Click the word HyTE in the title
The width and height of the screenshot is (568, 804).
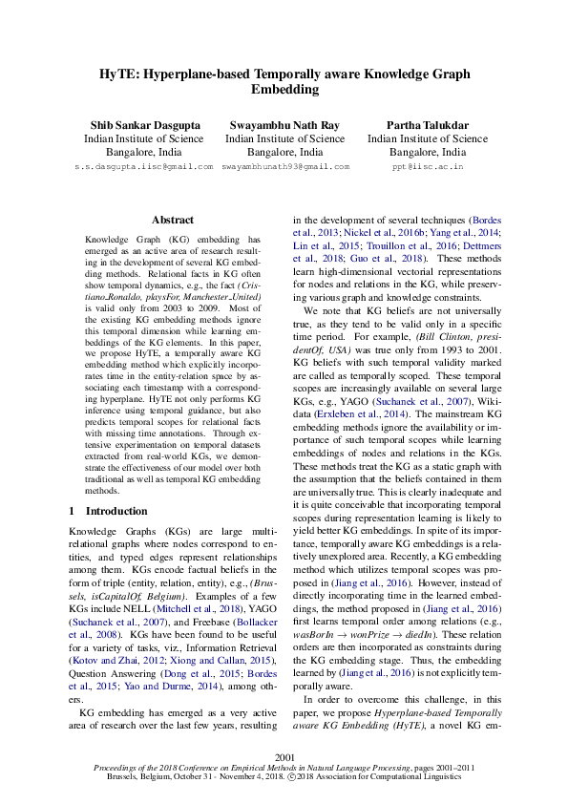[x=119, y=72]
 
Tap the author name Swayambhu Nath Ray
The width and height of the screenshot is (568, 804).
[x=284, y=125]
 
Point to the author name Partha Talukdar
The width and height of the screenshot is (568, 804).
[x=427, y=125]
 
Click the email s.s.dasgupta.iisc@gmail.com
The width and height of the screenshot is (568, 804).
[x=143, y=166]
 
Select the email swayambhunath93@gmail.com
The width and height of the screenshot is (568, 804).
[x=284, y=166]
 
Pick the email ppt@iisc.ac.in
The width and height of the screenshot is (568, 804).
[x=428, y=166]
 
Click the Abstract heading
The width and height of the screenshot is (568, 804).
[x=173, y=220]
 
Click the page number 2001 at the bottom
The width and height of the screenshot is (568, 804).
[x=284, y=756]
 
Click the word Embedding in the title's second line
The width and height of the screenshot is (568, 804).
[x=284, y=89]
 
